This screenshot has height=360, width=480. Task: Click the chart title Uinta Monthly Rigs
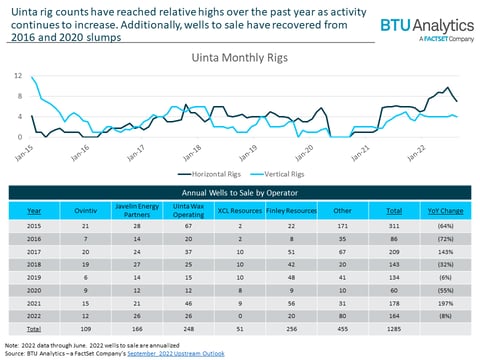(241, 59)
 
